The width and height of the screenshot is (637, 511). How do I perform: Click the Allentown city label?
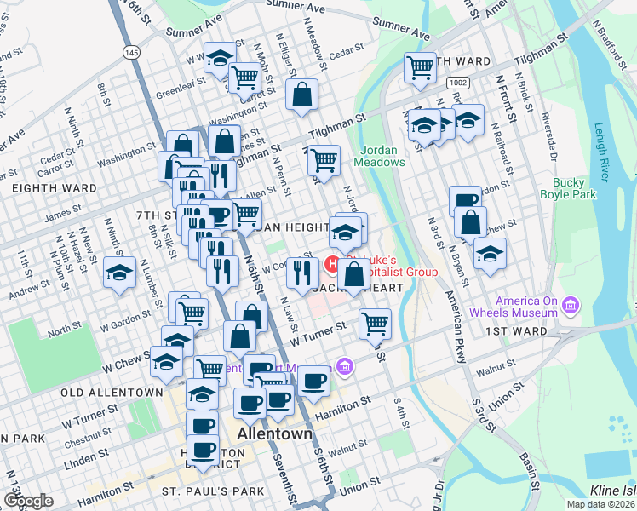(x=274, y=433)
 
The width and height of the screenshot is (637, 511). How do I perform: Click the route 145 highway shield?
(x=130, y=53)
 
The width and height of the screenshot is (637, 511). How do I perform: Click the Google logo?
(x=27, y=501)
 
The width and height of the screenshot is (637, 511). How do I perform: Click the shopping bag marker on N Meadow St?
(x=302, y=95)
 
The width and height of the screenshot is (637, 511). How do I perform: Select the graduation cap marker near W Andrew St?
(x=120, y=273)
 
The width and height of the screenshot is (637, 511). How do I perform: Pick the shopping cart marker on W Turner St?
(x=375, y=323)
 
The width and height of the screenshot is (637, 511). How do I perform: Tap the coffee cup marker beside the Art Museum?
(x=313, y=381)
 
